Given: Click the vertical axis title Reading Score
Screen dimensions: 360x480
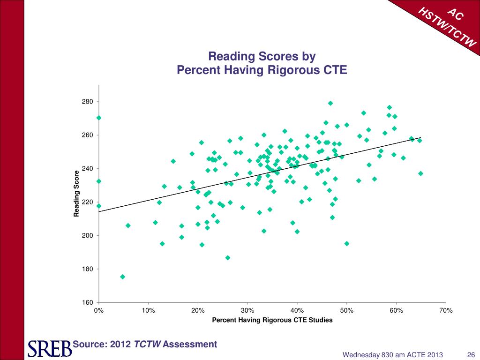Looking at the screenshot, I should coord(76,194).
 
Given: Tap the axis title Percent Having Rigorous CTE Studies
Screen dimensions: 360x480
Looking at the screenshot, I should coord(272,320).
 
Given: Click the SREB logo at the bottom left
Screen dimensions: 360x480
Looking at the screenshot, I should coord(48,348).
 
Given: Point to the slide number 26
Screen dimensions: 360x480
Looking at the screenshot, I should coord(472,354).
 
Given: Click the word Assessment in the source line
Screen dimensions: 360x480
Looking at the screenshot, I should coord(190,345).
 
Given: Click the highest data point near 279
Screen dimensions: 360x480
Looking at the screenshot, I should coord(330,103).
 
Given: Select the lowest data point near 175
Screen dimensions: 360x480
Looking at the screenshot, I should coord(122,277).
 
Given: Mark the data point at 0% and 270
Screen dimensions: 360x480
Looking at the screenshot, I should coord(99,118).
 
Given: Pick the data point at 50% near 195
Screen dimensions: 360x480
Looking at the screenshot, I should coord(347,243).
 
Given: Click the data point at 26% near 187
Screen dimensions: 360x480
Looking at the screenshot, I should coord(228,258).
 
